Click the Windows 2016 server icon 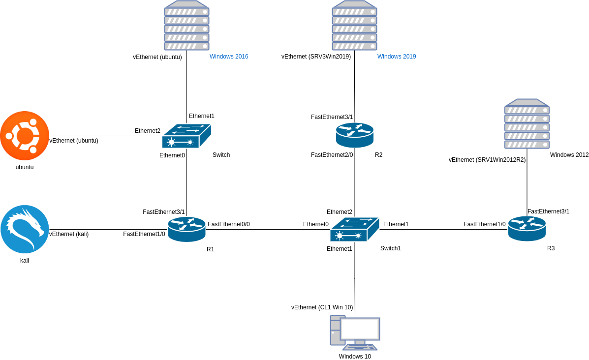(x=186, y=26)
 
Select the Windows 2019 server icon (x=354, y=26)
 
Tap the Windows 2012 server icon (x=527, y=124)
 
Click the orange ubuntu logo (x=25, y=136)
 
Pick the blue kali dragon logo (x=25, y=229)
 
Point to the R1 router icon (x=186, y=229)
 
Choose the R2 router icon (x=355, y=135)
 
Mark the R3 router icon (x=527, y=229)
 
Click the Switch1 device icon (x=354, y=229)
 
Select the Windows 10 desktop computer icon (x=355, y=332)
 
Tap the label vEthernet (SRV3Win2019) (x=316, y=57)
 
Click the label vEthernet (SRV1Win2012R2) (x=487, y=160)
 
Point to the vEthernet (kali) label (x=69, y=234)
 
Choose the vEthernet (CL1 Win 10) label (x=322, y=307)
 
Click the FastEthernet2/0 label (x=332, y=155)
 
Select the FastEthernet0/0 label (x=229, y=224)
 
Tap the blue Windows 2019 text (x=397, y=57)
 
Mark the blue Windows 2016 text (x=229, y=57)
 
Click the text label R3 (x=551, y=248)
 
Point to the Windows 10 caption (x=355, y=357)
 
